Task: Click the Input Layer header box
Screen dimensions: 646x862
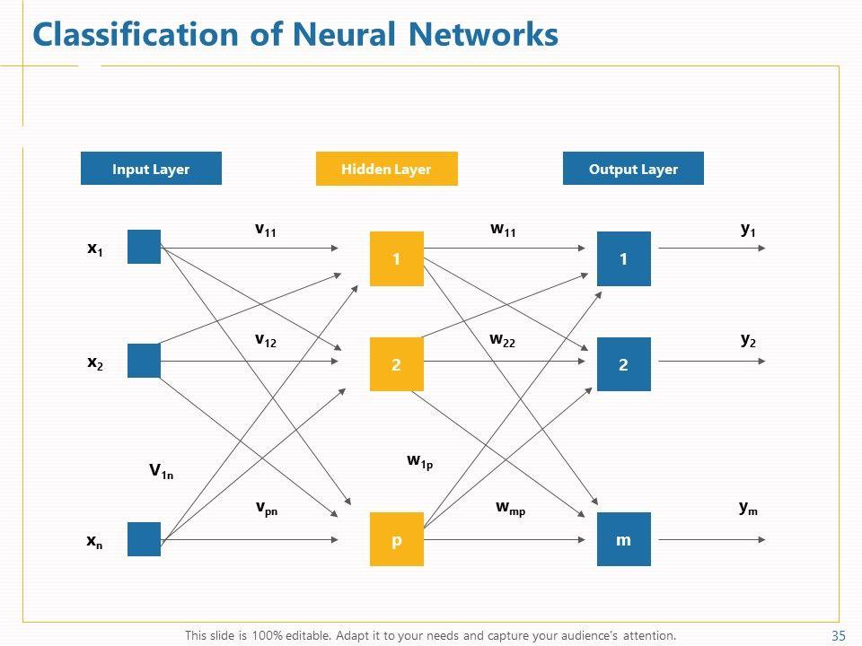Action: [151, 169]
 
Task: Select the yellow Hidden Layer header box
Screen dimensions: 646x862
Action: [386, 169]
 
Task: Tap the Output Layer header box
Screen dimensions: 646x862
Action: [633, 169]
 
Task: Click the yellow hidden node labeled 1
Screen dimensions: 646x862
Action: [396, 259]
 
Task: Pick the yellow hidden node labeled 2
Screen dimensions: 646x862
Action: [396, 364]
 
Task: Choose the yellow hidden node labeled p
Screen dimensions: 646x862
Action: [396, 539]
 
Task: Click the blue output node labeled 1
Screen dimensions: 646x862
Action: [623, 259]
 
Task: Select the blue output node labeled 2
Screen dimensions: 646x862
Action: [623, 364]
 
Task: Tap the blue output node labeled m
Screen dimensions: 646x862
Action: [623, 539]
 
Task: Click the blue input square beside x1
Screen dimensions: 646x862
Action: [144, 247]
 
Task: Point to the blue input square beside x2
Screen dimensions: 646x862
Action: [144, 361]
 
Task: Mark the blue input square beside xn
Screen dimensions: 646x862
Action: [144, 539]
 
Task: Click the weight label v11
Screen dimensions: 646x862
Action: [266, 230]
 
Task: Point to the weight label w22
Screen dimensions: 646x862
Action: [502, 340]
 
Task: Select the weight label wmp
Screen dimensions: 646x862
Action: [510, 508]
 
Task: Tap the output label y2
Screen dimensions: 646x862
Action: [748, 340]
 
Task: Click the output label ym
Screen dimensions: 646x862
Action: [748, 508]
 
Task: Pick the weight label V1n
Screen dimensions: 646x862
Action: [162, 471]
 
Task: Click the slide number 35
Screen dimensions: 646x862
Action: [840, 636]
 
